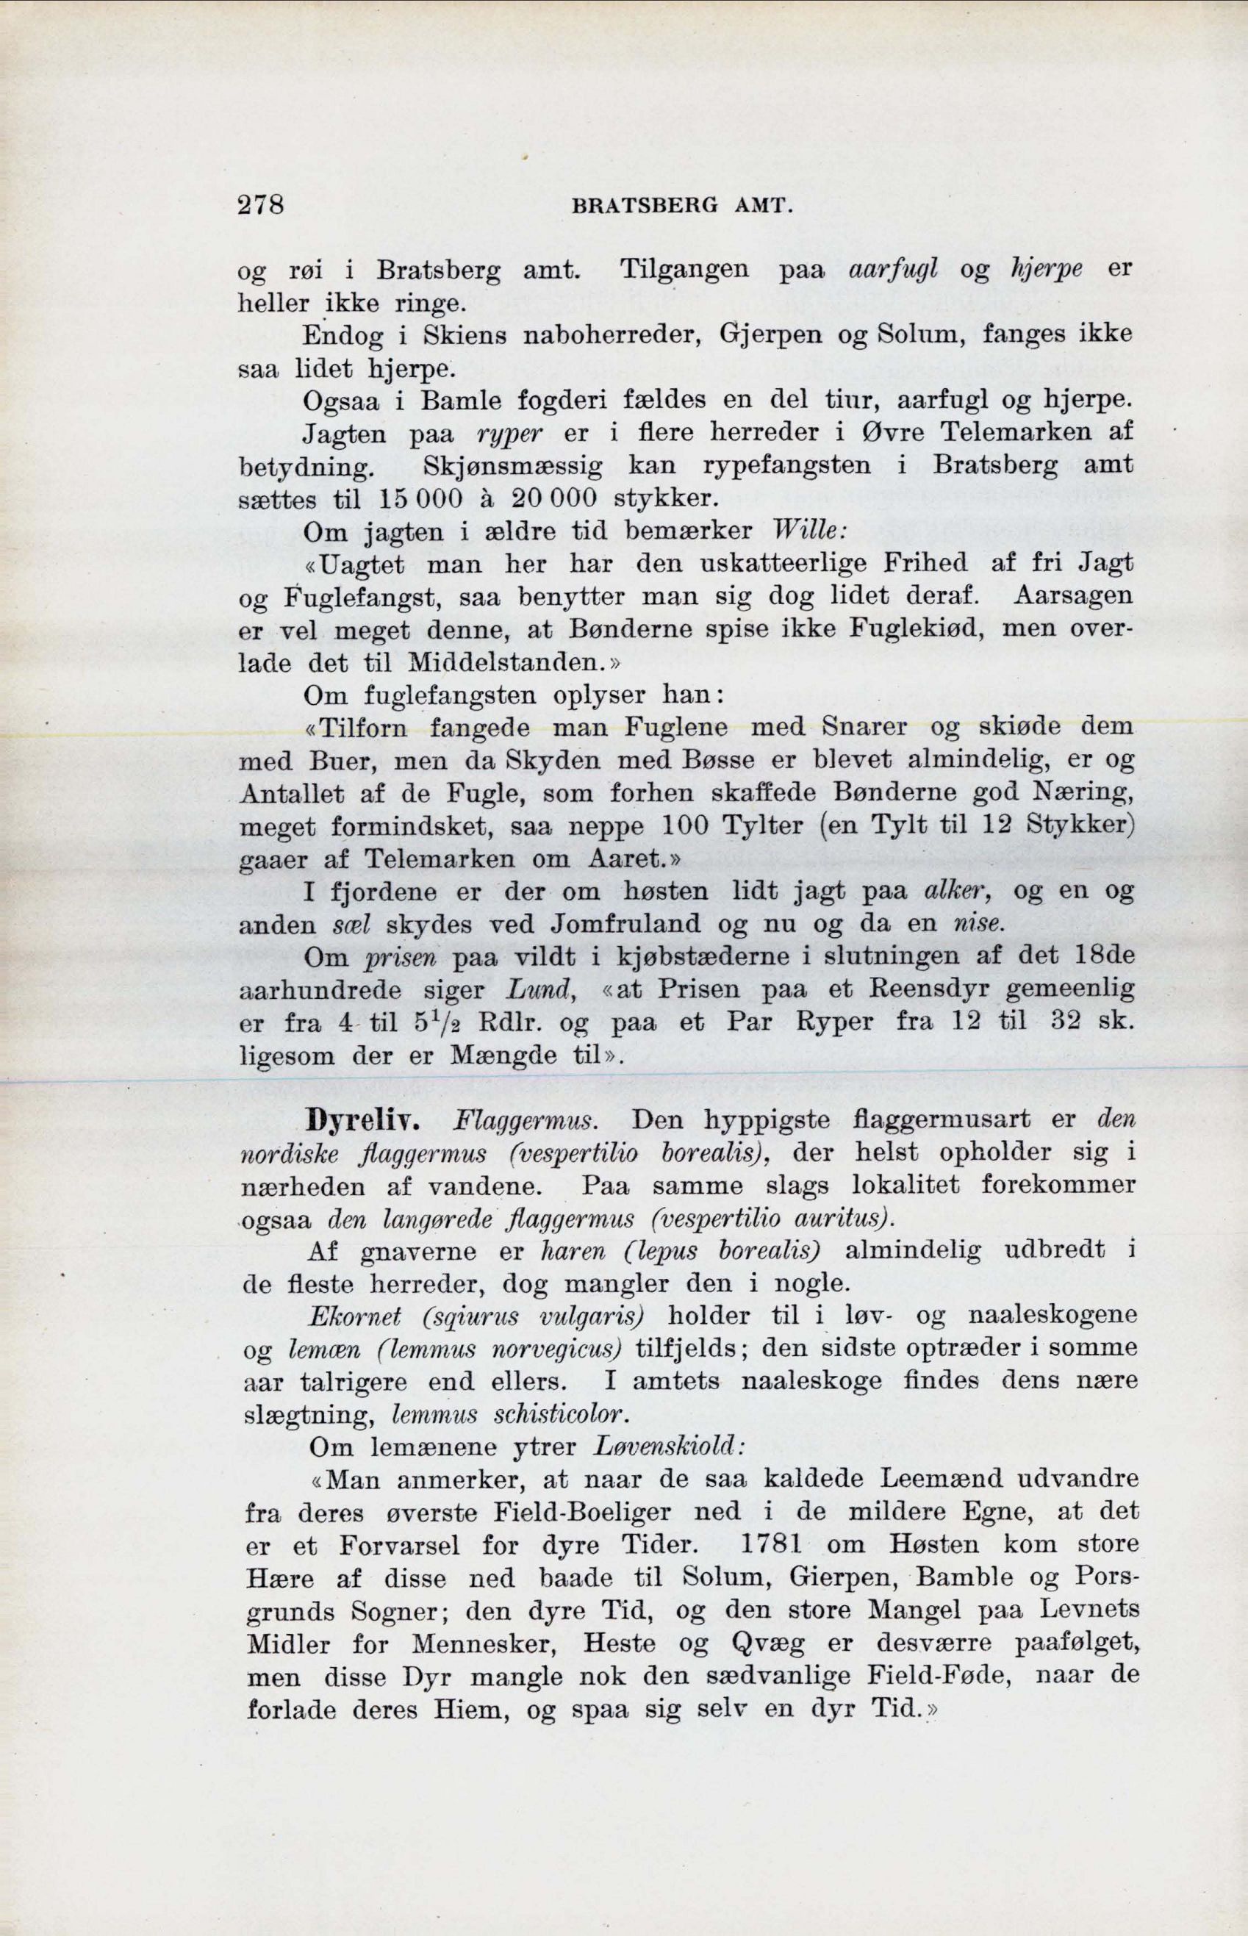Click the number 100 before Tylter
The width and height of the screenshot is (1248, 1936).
[x=685, y=828]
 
